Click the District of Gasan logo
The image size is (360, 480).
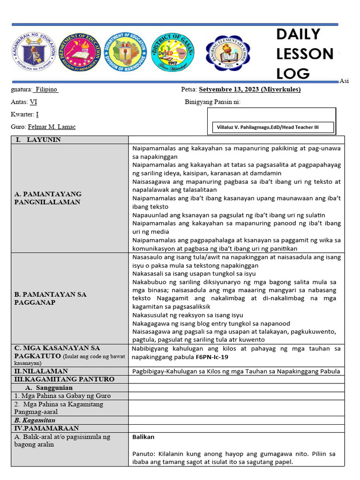tap(176, 52)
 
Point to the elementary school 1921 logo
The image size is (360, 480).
tap(228, 52)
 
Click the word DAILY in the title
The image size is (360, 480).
tap(298, 34)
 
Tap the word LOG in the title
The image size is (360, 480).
tap(293, 73)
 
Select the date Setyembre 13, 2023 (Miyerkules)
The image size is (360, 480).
tap(250, 90)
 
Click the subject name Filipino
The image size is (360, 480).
tap(46, 90)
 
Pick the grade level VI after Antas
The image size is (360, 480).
tap(33, 102)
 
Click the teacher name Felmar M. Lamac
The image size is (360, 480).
tap(52, 127)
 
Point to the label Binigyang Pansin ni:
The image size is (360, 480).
tap(212, 102)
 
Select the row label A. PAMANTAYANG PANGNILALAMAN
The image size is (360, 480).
tap(48, 198)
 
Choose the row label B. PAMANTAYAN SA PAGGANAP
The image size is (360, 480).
tap(50, 299)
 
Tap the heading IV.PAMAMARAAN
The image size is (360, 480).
tap(46, 428)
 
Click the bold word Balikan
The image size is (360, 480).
tap(143, 437)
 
